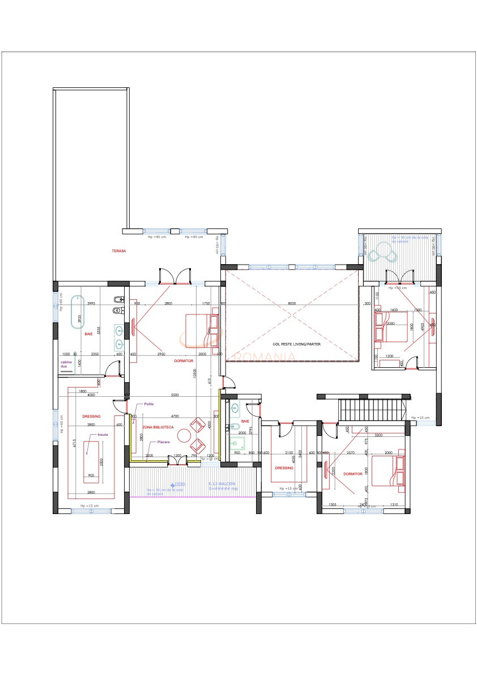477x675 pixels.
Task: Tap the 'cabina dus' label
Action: pos(67,364)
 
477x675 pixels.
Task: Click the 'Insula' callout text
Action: pos(103,435)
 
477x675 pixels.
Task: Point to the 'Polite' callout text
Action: pos(149,404)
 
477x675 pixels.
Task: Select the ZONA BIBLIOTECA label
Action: pos(158,427)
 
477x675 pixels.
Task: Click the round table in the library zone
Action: pos(185,436)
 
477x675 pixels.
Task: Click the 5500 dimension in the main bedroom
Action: pos(174,394)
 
